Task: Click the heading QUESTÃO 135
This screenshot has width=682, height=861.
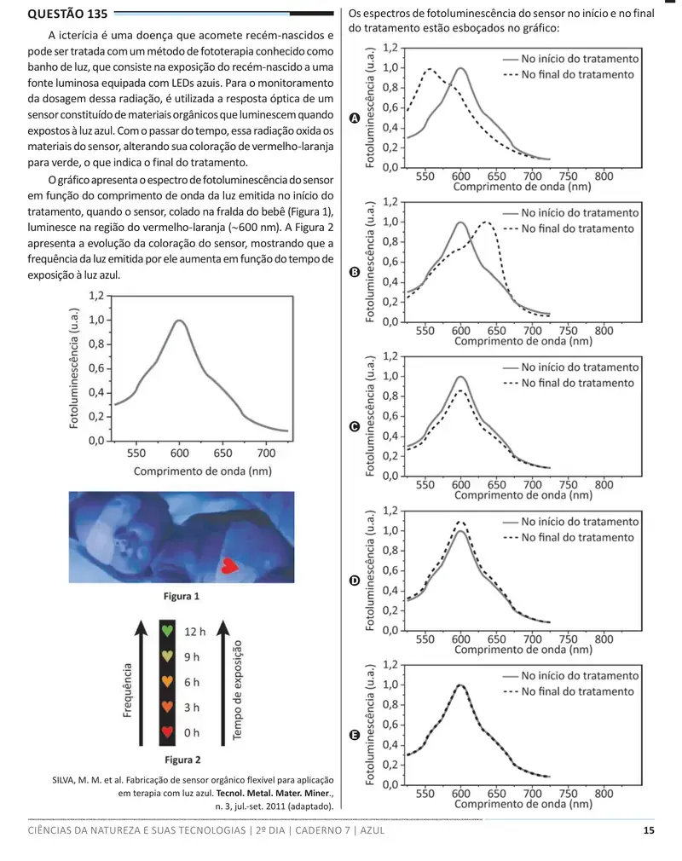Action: pos(67,14)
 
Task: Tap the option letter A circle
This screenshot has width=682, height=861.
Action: pos(355,118)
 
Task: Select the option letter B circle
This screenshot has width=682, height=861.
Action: pos(355,272)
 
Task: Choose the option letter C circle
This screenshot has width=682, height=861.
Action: pos(355,426)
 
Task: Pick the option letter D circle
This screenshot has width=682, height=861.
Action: pos(355,581)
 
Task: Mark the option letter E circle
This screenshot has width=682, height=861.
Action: pos(355,735)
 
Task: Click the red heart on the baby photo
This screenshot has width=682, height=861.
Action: pos(229,565)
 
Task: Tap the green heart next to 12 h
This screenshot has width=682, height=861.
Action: pos(167,631)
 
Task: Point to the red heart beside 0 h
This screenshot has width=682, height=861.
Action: pos(167,732)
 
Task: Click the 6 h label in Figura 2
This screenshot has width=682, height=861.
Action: pos(192,682)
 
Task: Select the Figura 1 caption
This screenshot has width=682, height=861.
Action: pos(182,597)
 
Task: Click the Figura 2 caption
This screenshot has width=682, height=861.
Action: pos(182,760)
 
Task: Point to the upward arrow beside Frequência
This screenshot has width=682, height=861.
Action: pos(142,683)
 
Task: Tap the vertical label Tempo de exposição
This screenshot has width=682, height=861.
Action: pos(237,691)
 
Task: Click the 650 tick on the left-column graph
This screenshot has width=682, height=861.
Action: pos(223,454)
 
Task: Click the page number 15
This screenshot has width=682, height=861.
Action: pos(649,830)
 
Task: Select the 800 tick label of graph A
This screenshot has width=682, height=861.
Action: pos(604,176)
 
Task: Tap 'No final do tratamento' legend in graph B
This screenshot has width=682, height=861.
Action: pos(578,228)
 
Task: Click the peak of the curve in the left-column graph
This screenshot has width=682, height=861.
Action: pos(179,321)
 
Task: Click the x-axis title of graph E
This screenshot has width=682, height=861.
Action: pos(523,804)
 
